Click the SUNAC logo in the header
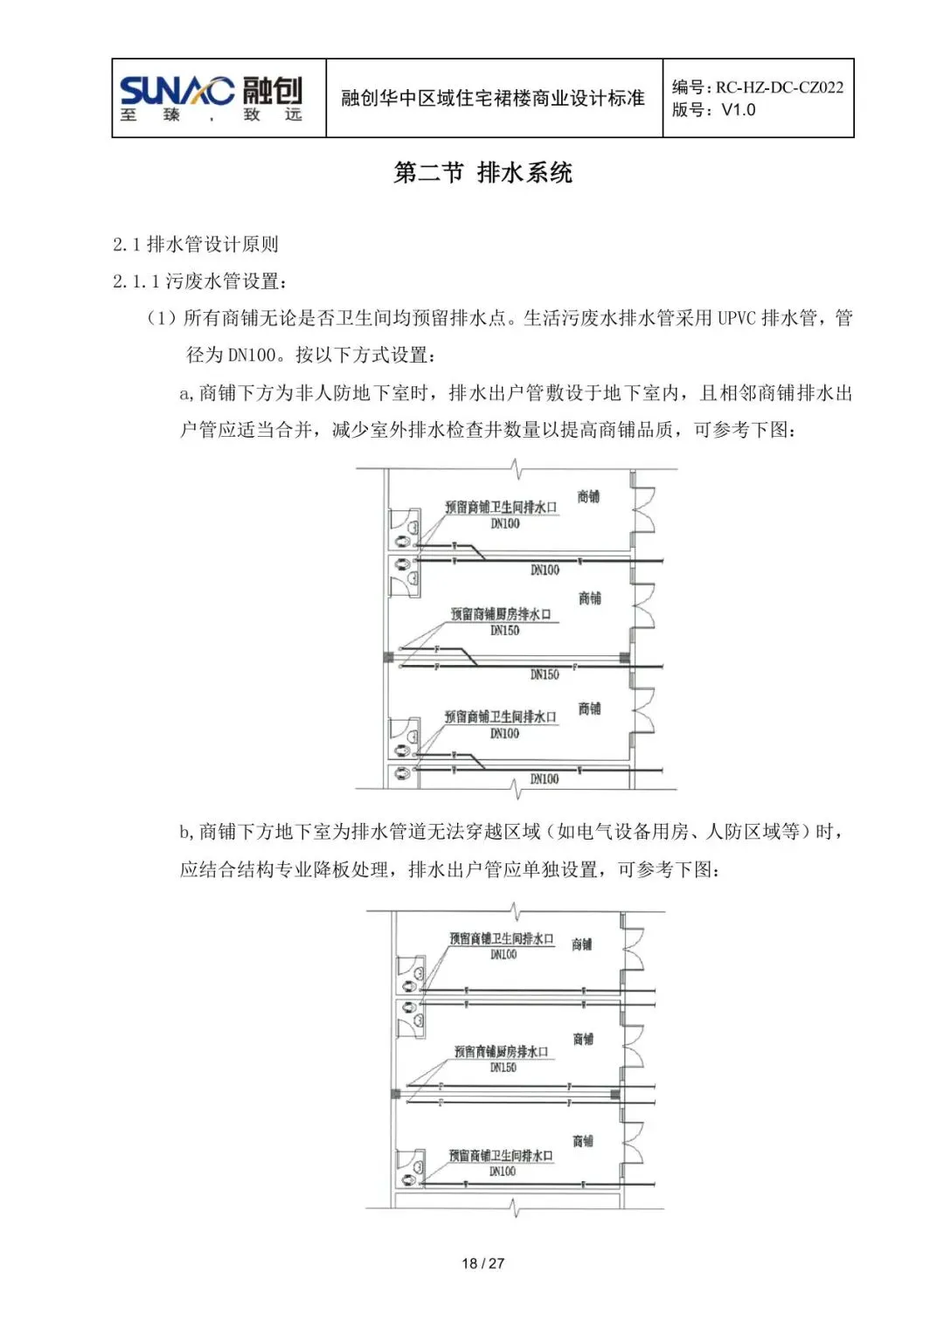(210, 97)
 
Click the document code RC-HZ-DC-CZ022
(779, 86)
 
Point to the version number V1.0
(738, 110)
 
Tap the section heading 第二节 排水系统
(482, 173)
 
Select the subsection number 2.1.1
(135, 281)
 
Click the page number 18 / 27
(482, 1263)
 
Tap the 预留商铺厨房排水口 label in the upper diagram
(501, 614)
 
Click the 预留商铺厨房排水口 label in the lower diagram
(501, 1052)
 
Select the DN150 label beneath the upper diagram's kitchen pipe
(545, 674)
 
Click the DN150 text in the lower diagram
(503, 1068)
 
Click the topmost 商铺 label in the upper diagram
(589, 496)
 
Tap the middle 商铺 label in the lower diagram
(583, 1039)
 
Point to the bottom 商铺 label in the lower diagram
(583, 1141)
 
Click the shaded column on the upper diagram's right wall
(625, 657)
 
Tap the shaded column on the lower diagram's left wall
(396, 1094)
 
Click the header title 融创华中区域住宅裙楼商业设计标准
(493, 98)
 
